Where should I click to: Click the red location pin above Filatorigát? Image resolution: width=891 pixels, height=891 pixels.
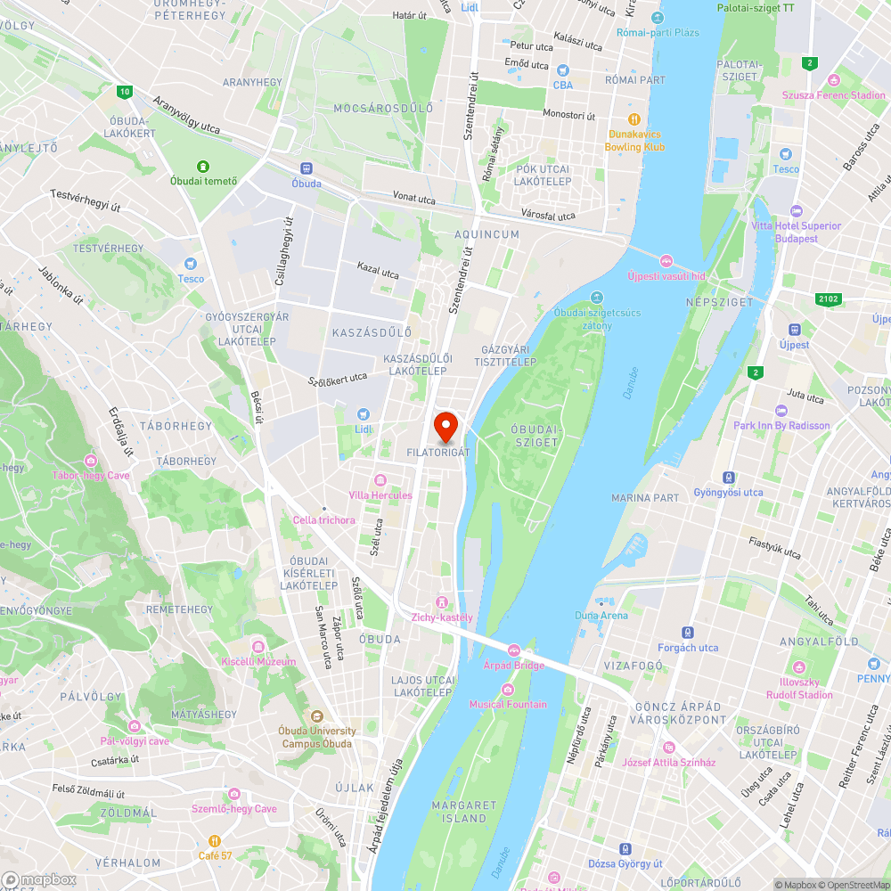[445, 426]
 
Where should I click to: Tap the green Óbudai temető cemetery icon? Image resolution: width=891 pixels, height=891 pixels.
[203, 167]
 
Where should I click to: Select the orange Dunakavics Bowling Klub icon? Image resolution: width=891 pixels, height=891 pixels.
[634, 119]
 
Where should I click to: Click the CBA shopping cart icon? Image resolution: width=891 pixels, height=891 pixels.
[562, 70]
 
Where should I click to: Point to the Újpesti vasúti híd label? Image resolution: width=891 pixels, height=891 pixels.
[666, 276]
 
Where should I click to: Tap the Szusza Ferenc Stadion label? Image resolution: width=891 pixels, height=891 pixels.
[833, 95]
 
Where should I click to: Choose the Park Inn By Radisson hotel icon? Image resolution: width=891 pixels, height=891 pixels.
[781, 411]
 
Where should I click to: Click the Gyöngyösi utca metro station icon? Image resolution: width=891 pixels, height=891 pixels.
[729, 478]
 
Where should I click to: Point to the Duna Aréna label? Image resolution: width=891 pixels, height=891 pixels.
[601, 616]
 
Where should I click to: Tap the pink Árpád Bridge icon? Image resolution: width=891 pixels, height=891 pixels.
[513, 650]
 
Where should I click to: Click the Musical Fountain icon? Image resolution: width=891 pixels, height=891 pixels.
[508, 690]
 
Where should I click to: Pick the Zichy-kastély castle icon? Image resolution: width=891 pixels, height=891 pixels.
[442, 602]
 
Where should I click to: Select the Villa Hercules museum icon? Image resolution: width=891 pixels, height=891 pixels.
[380, 480]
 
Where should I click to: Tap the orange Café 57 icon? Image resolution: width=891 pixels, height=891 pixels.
[214, 840]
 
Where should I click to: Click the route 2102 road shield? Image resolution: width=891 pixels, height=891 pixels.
[827, 299]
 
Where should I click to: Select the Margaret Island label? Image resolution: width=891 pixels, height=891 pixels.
[463, 811]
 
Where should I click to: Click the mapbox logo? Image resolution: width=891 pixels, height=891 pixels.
[39, 879]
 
